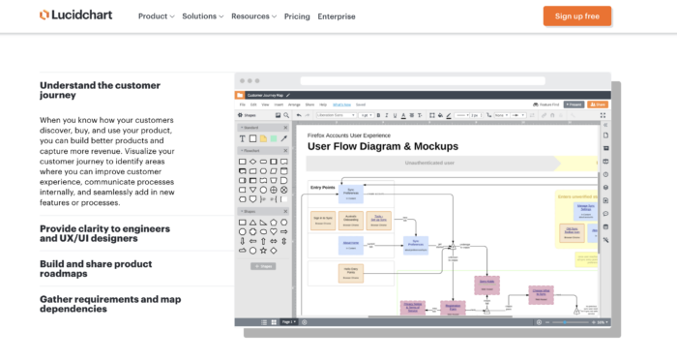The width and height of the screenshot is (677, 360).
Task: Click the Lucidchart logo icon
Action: [x=44, y=15]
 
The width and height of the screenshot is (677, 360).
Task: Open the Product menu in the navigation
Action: [x=156, y=16]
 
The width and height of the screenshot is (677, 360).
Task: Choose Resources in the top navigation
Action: [x=253, y=16]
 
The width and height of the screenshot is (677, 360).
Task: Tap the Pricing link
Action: [x=297, y=16]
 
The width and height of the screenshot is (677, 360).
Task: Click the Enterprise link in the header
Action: [x=336, y=16]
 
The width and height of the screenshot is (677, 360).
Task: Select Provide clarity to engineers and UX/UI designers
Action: [x=104, y=233]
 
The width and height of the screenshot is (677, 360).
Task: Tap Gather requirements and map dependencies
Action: [x=109, y=303]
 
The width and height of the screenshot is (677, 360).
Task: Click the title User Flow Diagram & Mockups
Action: [x=382, y=147]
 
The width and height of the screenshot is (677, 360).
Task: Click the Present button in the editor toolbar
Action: [x=574, y=104]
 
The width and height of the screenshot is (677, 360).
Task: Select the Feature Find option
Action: [x=549, y=104]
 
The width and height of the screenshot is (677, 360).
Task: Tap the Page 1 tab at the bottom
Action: [x=288, y=321]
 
